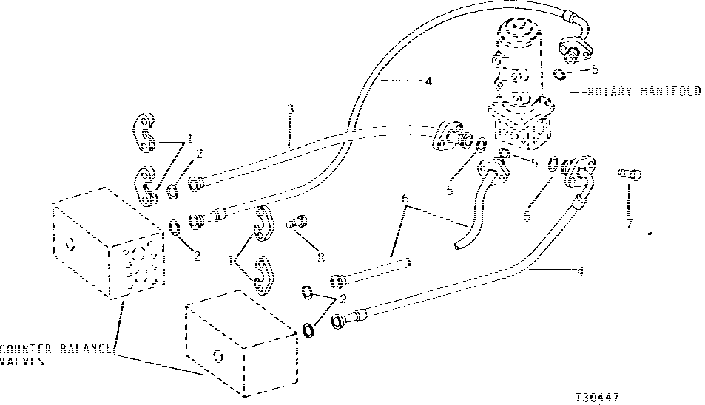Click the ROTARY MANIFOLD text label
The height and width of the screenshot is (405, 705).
click(644, 92)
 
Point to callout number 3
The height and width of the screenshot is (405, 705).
click(291, 109)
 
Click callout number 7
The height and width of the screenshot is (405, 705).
click(629, 223)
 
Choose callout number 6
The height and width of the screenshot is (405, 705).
click(405, 197)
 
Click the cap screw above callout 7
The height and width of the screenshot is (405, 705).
click(629, 174)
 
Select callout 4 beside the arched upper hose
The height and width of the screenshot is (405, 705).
click(428, 82)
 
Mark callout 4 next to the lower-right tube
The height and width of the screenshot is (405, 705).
click(579, 271)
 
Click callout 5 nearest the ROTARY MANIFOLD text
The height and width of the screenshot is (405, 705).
click(596, 71)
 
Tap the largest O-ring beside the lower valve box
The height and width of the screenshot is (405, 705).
click(308, 330)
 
